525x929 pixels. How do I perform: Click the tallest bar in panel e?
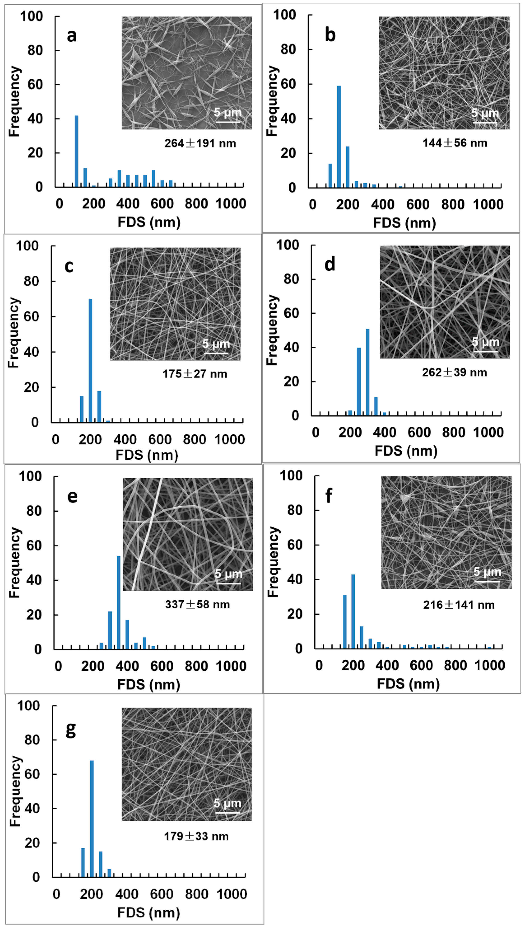(x=119, y=602)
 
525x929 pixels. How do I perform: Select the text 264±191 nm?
(x=200, y=143)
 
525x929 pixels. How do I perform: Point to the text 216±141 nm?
(x=459, y=605)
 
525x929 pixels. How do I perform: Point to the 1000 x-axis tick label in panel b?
(x=488, y=205)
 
